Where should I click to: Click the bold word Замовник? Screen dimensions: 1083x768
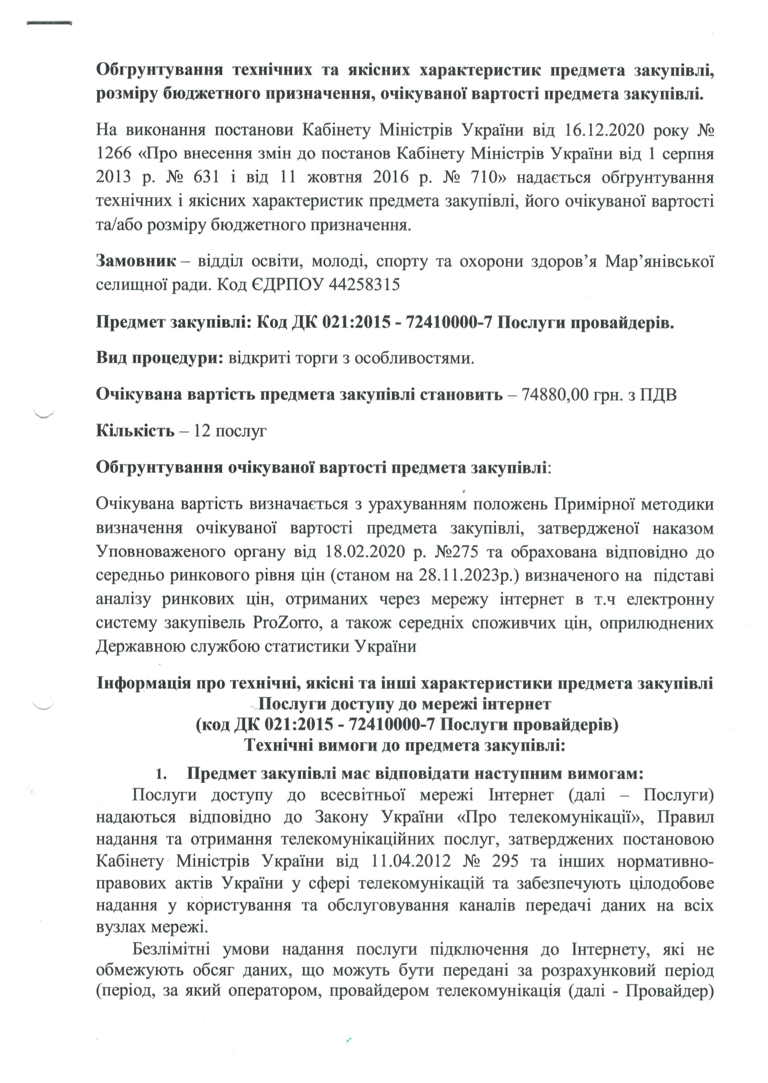click(136, 261)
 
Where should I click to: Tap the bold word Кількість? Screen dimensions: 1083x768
click(135, 431)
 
